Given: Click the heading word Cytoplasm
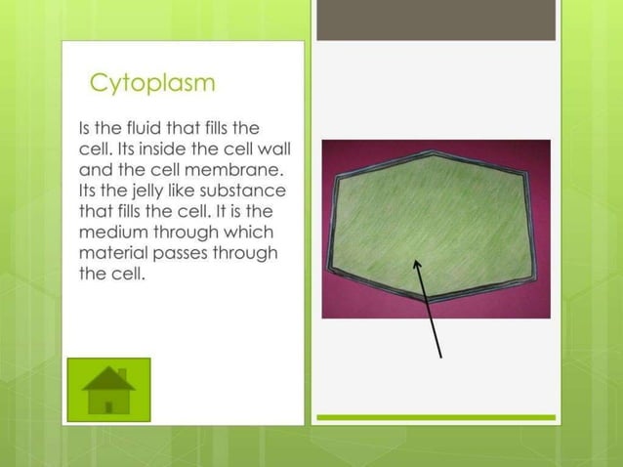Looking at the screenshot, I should pyautogui.click(x=151, y=83).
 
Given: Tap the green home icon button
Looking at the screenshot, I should pyautogui.click(x=109, y=390).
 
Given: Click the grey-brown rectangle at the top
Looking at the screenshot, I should pyautogui.click(x=436, y=20).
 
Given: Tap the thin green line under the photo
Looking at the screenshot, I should pyautogui.click(x=436, y=417).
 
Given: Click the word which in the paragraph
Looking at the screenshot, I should pyautogui.click(x=251, y=232).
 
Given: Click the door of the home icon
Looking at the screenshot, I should pyautogui.click(x=109, y=403).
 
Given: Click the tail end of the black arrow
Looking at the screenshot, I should pyautogui.click(x=441, y=357).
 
